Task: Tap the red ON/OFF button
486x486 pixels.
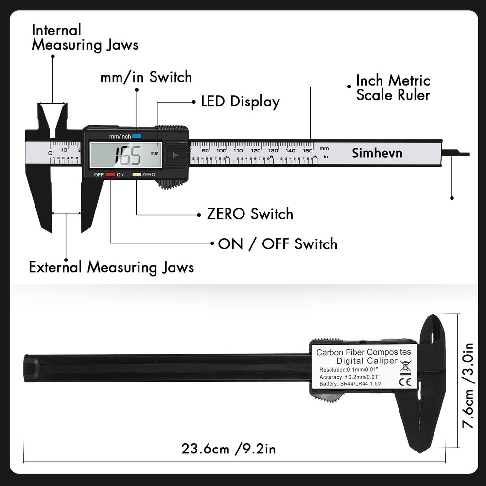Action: (x=111, y=174)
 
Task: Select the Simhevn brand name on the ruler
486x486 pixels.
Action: (x=377, y=154)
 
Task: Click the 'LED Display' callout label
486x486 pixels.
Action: (x=240, y=102)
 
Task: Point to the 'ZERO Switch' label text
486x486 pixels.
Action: (x=250, y=214)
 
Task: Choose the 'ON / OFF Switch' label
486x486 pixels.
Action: (x=277, y=243)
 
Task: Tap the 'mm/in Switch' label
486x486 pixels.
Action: (x=146, y=77)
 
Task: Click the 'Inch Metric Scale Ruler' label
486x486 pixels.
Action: (x=393, y=87)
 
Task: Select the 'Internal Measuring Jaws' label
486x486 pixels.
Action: (x=85, y=37)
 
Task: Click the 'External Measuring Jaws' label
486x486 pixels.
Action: (x=111, y=267)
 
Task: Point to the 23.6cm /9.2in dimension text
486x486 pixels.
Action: (x=228, y=448)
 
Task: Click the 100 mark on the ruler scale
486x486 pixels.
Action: (x=221, y=150)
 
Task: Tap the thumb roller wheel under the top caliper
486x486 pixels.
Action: (x=171, y=184)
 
